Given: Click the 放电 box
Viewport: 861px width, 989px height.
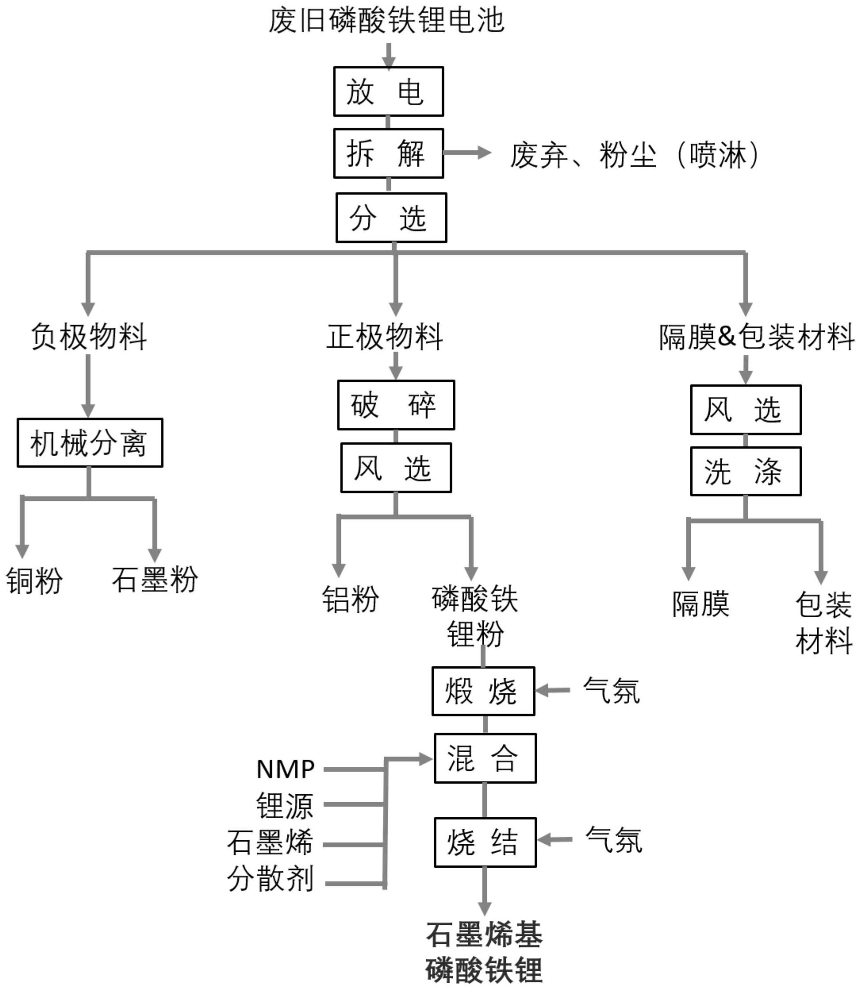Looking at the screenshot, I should (x=388, y=91).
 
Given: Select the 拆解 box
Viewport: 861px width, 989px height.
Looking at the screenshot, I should (x=388, y=154).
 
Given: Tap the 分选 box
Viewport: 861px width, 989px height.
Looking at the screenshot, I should (x=391, y=218).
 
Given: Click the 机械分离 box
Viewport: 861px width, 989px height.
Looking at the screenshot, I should (x=90, y=443).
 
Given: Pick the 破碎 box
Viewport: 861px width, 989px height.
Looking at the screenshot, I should (x=396, y=405).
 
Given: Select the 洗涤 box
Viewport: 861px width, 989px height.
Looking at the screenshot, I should (x=746, y=471).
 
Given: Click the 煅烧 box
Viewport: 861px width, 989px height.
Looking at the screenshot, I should (x=483, y=691).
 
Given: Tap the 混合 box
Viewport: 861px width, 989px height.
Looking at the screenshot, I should (x=485, y=758).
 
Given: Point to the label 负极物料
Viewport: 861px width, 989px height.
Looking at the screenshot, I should (x=89, y=337).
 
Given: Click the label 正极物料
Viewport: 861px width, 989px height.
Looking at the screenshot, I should (x=384, y=337).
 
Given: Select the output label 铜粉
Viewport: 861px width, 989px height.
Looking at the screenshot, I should (x=34, y=580).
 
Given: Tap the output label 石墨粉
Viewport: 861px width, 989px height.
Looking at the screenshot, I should (x=155, y=579).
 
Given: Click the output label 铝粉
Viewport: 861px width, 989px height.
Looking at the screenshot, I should (x=350, y=599).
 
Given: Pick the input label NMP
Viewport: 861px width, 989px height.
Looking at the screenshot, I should (x=285, y=769).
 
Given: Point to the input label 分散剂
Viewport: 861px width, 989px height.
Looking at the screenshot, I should (x=271, y=878).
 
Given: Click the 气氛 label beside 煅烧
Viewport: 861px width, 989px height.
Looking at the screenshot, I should (x=611, y=691).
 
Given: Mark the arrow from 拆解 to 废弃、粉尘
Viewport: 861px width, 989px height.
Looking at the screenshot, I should (x=467, y=154).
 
